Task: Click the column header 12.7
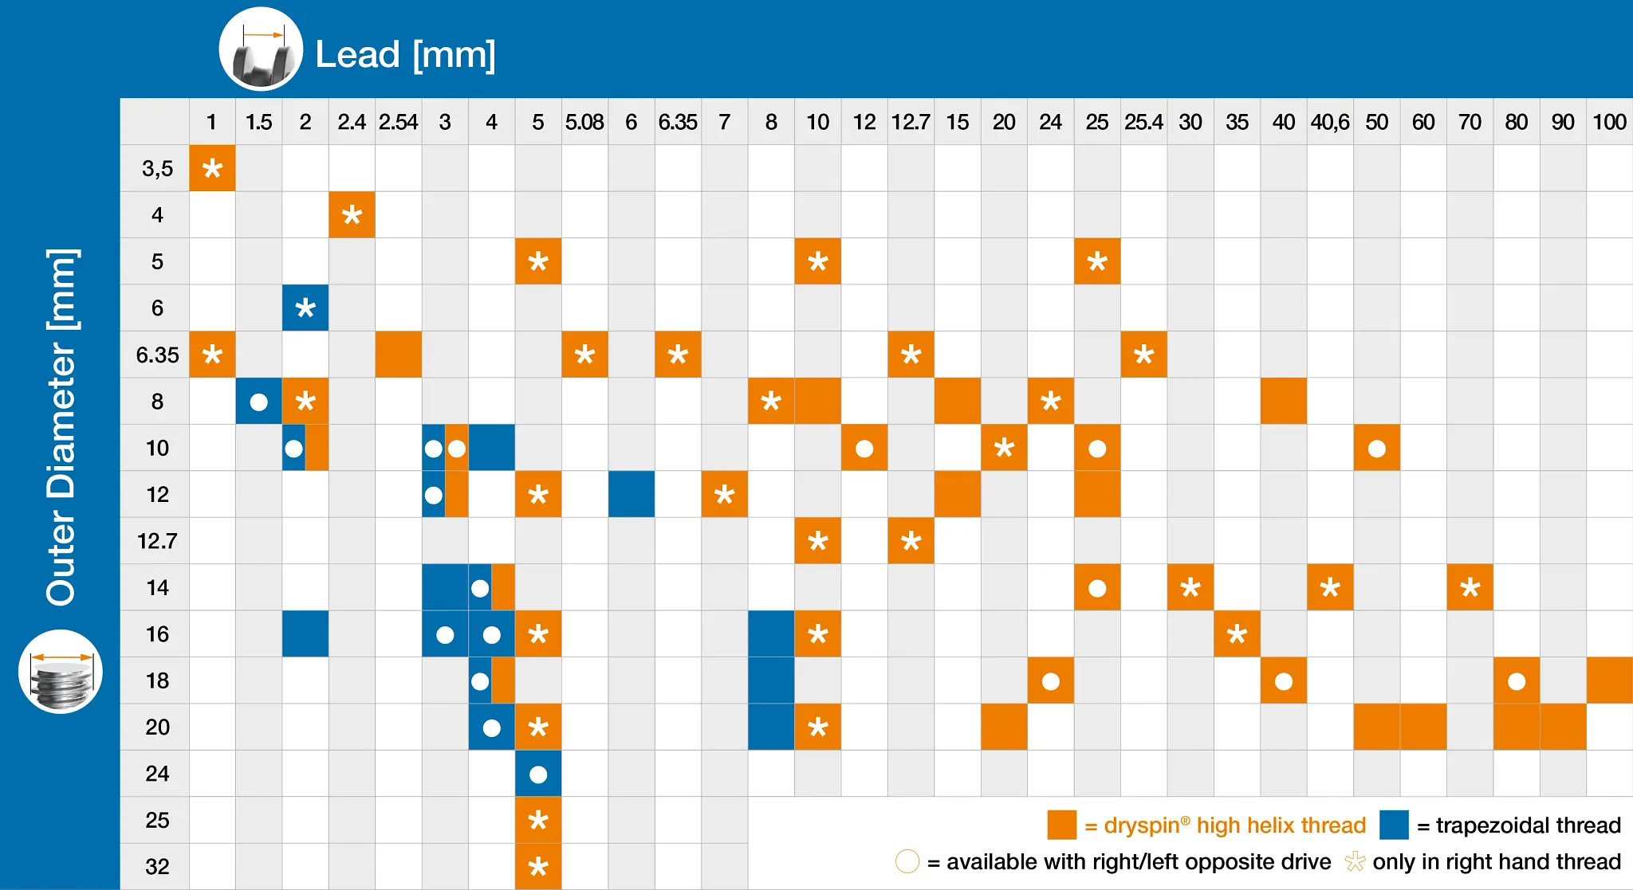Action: tap(911, 122)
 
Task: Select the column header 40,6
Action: tap(1330, 122)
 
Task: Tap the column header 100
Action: tap(1609, 122)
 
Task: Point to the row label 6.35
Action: tap(157, 355)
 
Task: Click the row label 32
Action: tap(157, 866)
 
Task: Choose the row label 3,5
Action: tap(157, 168)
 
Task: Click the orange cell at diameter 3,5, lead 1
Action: tap(212, 168)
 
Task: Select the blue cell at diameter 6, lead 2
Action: tap(305, 308)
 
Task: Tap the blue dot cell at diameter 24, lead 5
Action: tap(538, 774)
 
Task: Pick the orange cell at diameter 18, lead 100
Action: tap(1610, 680)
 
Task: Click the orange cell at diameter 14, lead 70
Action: tap(1470, 587)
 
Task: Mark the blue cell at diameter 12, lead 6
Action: tap(632, 494)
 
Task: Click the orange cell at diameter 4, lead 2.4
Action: tap(352, 214)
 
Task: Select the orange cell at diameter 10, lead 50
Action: tap(1376, 448)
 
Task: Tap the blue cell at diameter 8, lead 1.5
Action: tap(258, 401)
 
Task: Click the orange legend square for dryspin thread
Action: tap(1061, 825)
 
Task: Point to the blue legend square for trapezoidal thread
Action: tap(1394, 825)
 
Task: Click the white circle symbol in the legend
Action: tap(907, 861)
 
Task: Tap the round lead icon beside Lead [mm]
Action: tap(261, 49)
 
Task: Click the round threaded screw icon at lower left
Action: tap(61, 672)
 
